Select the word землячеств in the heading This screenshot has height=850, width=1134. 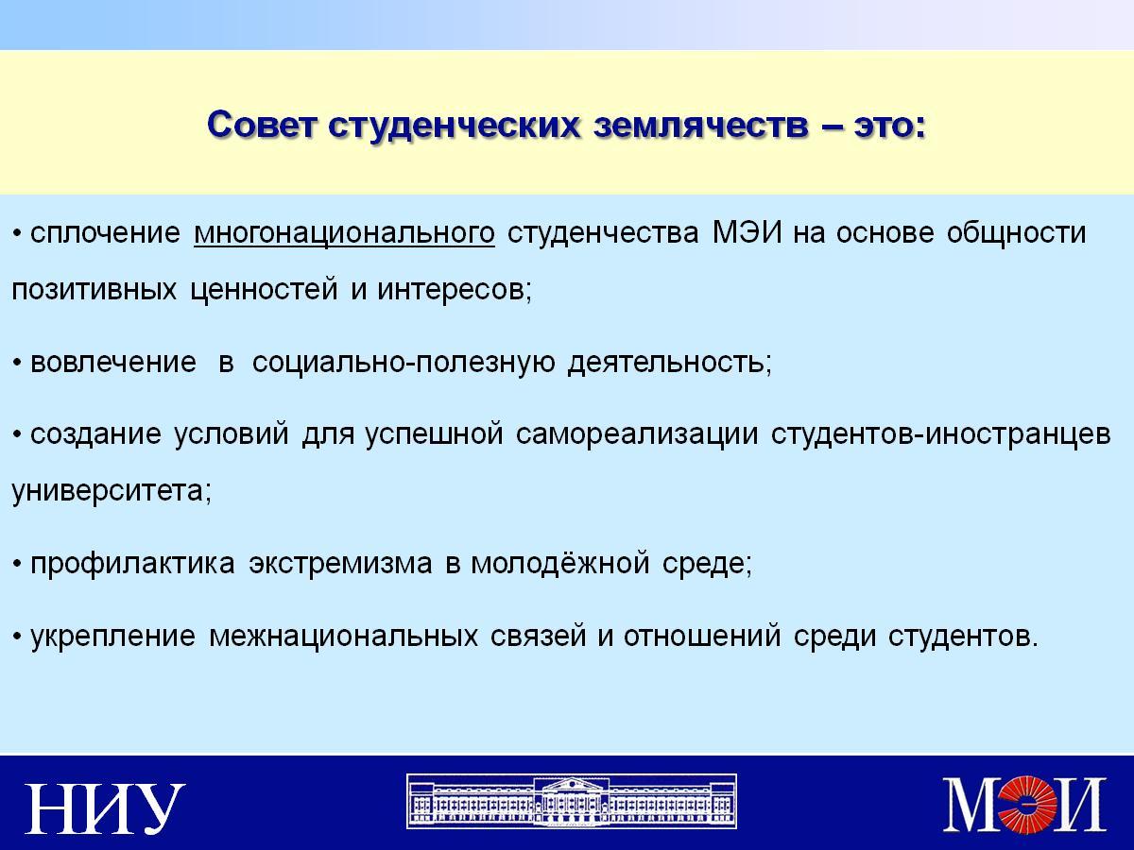point(700,126)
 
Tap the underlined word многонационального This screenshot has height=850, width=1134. point(344,233)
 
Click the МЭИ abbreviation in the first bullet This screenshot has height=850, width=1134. point(747,232)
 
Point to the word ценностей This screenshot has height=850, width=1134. point(264,290)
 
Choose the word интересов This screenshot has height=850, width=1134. point(455,290)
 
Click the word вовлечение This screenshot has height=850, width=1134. point(113,362)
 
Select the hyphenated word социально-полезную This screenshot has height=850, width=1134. point(404,363)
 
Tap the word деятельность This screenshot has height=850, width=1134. point(670,363)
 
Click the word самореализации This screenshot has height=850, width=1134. point(637,434)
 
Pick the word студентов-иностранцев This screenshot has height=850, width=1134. point(940,434)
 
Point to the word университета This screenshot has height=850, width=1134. point(112,491)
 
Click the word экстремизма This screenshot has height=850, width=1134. point(340,563)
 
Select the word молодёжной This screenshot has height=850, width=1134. point(560,563)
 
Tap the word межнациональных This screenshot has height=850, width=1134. point(344,636)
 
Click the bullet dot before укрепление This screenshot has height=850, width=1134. point(18,637)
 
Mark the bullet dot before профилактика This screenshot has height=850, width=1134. point(18,565)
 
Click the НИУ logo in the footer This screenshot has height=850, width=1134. point(105,808)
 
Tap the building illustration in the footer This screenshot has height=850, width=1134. point(572,801)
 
